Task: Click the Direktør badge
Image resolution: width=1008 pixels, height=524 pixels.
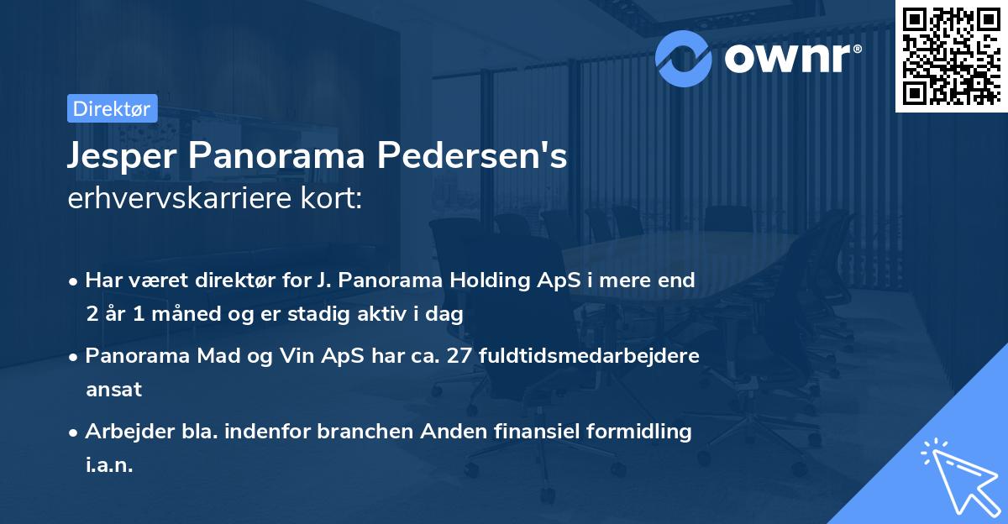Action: pos(112,108)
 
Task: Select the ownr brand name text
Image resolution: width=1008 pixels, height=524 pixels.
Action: pos(790,57)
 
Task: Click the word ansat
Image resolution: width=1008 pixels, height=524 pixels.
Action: pos(113,389)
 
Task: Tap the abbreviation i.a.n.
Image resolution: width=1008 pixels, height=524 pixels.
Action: pos(109,464)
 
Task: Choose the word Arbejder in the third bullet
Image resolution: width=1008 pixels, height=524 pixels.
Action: pos(123,432)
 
